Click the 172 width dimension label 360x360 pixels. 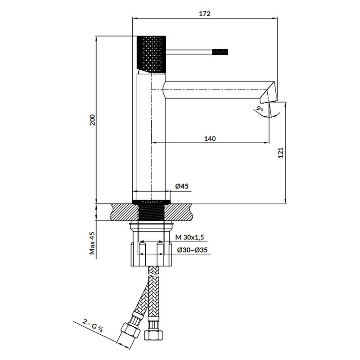[x=205, y=14]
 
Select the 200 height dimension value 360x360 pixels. [x=92, y=120]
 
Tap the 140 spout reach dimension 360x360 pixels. [x=210, y=139]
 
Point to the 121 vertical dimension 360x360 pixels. [x=280, y=153]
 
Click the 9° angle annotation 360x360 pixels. [x=260, y=108]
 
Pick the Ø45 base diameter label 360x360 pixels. [x=182, y=186]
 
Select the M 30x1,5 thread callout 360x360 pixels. [x=189, y=237]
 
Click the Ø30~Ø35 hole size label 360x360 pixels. [x=192, y=250]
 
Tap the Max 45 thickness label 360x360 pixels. [x=92, y=243]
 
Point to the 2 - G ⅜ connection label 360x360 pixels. [x=93, y=326]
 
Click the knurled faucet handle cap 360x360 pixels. [x=151, y=54]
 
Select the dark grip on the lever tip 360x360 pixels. [x=220, y=52]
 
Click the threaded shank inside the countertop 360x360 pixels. [x=151, y=212]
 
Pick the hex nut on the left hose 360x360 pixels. [x=130, y=330]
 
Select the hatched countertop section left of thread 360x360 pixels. [x=125, y=212]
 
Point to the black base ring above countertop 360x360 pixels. [x=151, y=202]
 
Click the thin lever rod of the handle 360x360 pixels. [x=189, y=52]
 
